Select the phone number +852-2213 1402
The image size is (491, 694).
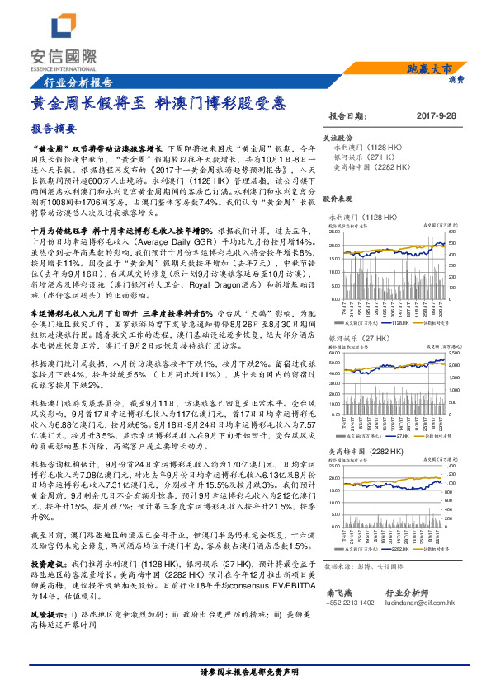350,603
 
